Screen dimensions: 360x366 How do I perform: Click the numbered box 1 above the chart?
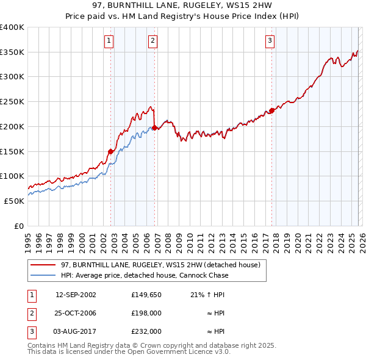pos(109,41)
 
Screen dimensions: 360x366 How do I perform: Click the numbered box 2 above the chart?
pos(152,41)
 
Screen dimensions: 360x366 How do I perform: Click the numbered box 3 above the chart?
pos(270,41)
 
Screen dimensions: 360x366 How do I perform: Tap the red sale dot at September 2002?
pos(111,151)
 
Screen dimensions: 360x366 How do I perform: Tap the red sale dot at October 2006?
pos(155,128)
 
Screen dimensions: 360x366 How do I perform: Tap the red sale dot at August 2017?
pos(271,110)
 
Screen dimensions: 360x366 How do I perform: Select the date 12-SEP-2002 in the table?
pos(76,295)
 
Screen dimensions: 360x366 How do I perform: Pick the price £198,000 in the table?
pos(146,313)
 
